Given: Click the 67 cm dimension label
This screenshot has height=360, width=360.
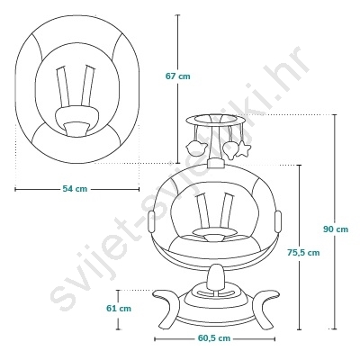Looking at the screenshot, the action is pos(178,76).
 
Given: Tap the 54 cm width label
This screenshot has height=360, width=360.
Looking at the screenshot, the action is pos(75,189).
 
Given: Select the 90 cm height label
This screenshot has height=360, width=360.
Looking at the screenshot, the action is pos(336,229).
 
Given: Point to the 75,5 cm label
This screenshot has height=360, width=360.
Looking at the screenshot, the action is pos(303,253).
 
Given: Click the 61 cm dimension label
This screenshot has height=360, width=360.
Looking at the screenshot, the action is pos(119,308).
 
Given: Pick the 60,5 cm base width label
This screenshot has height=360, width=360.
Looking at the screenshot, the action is pos(214,338).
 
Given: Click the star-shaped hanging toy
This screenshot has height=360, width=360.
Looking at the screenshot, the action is pos(244,149).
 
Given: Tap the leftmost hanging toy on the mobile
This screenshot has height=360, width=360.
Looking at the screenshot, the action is pos(196,148).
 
